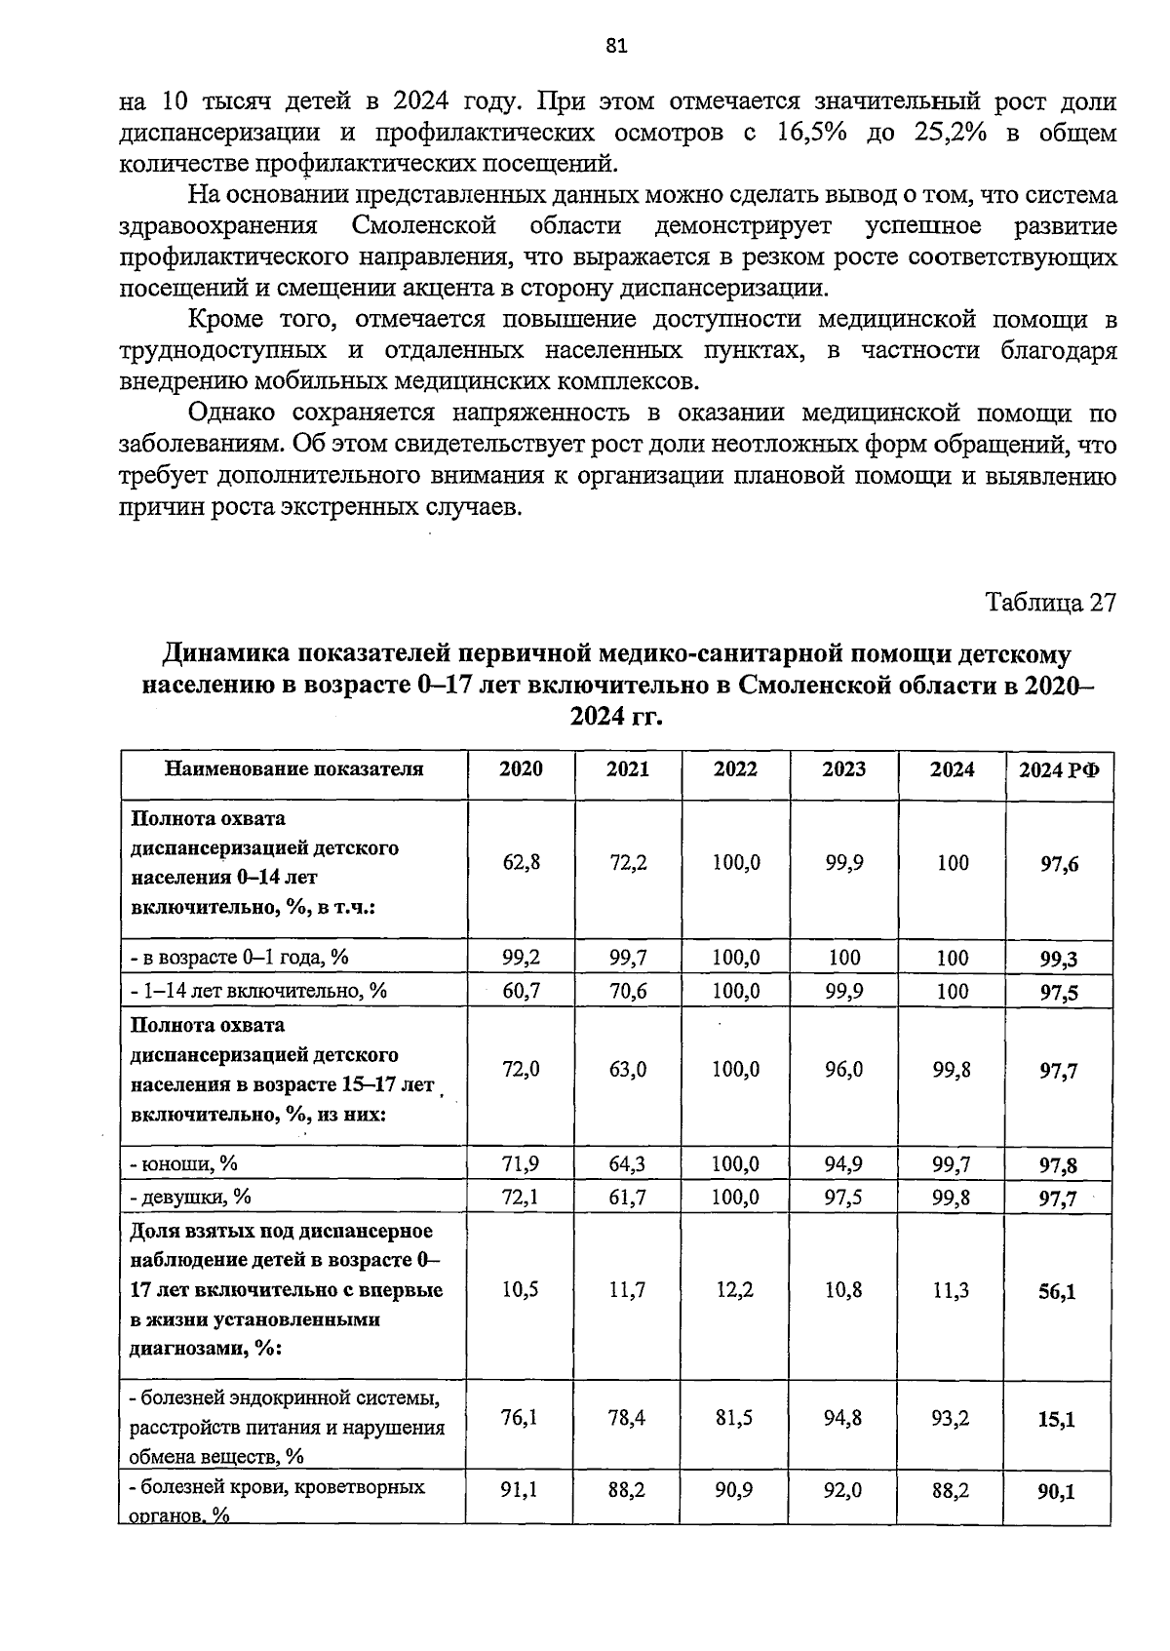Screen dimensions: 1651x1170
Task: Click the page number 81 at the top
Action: pos(615,46)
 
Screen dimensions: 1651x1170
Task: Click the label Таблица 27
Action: pos(1049,602)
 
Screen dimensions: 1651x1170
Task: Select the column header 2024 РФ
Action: pos(1059,769)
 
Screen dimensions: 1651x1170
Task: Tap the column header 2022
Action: pos(735,768)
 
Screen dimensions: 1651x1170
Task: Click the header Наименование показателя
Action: pos(293,768)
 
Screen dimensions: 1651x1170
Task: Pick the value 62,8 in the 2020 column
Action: pos(521,862)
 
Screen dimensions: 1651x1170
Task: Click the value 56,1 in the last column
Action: pos(1057,1291)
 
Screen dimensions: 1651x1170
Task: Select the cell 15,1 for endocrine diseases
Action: pos(1057,1419)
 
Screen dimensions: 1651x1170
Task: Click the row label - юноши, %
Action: pos(184,1163)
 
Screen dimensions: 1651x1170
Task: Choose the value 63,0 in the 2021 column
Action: pos(628,1070)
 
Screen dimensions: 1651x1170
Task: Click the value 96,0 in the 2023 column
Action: pos(842,1070)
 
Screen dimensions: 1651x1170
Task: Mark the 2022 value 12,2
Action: pos(735,1290)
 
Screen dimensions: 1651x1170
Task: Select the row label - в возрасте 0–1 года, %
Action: pos(239,957)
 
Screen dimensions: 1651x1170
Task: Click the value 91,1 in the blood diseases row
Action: pos(521,1489)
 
